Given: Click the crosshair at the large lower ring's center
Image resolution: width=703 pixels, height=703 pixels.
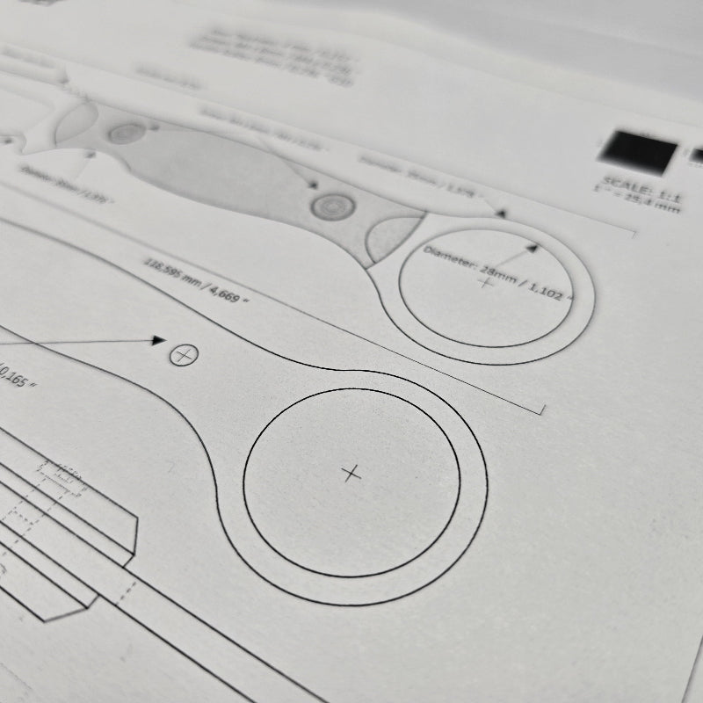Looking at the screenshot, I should click(x=351, y=474).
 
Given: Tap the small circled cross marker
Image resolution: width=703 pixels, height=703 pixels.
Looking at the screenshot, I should click(x=183, y=355).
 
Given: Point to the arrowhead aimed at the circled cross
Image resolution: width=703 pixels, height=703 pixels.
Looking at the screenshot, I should click(x=158, y=339).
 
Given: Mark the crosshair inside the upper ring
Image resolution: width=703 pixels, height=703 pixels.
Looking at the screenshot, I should click(x=484, y=283).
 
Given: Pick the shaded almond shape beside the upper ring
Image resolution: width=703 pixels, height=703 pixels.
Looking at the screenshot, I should click(x=392, y=235).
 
